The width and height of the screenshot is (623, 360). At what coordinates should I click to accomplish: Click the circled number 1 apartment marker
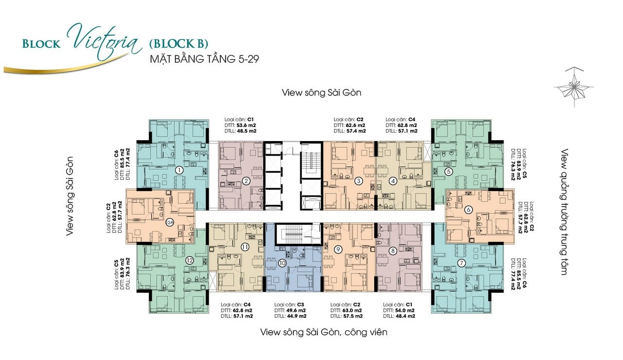coord(180,170)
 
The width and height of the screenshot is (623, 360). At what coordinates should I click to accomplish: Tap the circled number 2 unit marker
coord(246,181)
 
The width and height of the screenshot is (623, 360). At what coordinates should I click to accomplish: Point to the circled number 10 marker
coord(282,263)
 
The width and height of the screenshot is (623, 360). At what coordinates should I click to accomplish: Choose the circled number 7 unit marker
coord(461,263)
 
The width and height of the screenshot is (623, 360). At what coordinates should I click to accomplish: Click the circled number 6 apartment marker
coord(469,210)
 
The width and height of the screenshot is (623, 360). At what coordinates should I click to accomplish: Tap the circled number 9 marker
coord(338,250)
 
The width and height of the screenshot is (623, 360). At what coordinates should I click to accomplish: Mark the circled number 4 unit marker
coord(393,181)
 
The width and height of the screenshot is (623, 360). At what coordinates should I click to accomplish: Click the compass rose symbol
coord(574,87)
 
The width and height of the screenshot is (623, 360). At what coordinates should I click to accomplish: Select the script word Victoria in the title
coord(104,42)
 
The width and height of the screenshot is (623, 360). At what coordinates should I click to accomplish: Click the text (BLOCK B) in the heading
coord(179,44)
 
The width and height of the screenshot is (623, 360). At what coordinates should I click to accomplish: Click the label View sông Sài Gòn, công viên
coord(324,332)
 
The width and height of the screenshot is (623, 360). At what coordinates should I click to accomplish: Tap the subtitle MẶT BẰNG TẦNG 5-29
coord(204,59)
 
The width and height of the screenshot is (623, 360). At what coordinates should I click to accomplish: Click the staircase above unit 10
coord(290,234)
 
